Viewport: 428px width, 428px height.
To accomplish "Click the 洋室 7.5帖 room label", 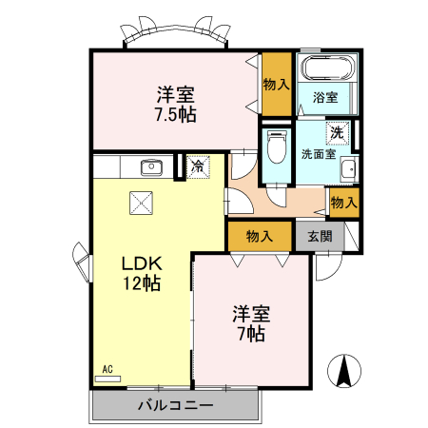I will (x=176, y=105).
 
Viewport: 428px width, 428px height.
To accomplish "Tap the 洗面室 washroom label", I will (x=318, y=153).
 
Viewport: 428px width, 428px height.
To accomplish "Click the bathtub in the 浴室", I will (x=329, y=68).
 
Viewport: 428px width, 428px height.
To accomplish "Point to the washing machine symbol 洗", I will (x=337, y=132).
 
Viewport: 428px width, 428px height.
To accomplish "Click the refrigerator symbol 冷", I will (x=196, y=167).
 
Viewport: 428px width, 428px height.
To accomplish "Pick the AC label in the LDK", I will (x=107, y=369).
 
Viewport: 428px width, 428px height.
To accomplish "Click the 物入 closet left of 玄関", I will (x=259, y=235).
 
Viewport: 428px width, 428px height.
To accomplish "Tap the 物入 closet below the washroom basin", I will (x=343, y=202).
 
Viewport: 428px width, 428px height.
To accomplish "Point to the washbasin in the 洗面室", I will (x=347, y=170).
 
